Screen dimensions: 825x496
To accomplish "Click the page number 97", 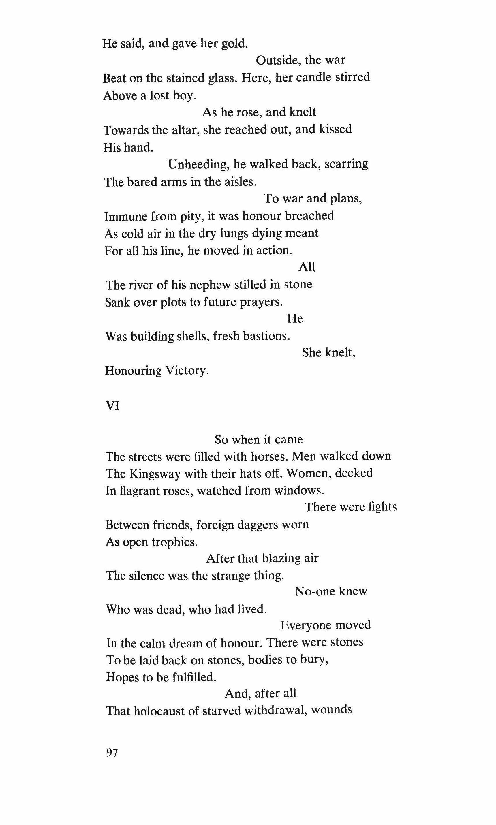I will pos(112,753).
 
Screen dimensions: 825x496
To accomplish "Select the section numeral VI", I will pos(113,406).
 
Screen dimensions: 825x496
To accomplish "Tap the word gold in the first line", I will pos(235,44).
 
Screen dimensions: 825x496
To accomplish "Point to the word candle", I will pos(313,78).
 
